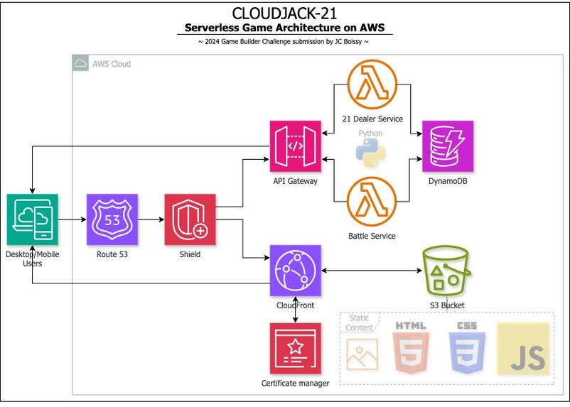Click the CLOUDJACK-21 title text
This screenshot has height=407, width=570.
[284, 13]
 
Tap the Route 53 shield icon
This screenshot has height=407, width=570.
[112, 219]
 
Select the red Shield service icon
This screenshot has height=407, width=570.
[190, 219]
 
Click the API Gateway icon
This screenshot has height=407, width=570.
[295, 146]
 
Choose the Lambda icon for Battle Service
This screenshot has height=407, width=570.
[372, 201]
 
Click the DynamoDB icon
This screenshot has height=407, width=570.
[448, 146]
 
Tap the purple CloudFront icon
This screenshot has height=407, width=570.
[295, 271]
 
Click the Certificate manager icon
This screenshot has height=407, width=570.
[295, 349]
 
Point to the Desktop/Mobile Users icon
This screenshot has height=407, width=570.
[32, 219]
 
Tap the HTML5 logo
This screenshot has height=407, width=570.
[411, 347]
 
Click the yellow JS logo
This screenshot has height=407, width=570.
[523, 348]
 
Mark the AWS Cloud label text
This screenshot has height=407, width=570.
[112, 64]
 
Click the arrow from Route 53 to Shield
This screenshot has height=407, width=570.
[151, 220]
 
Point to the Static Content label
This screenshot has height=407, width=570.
[359, 322]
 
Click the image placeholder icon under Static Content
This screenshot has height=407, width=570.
[362, 354]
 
